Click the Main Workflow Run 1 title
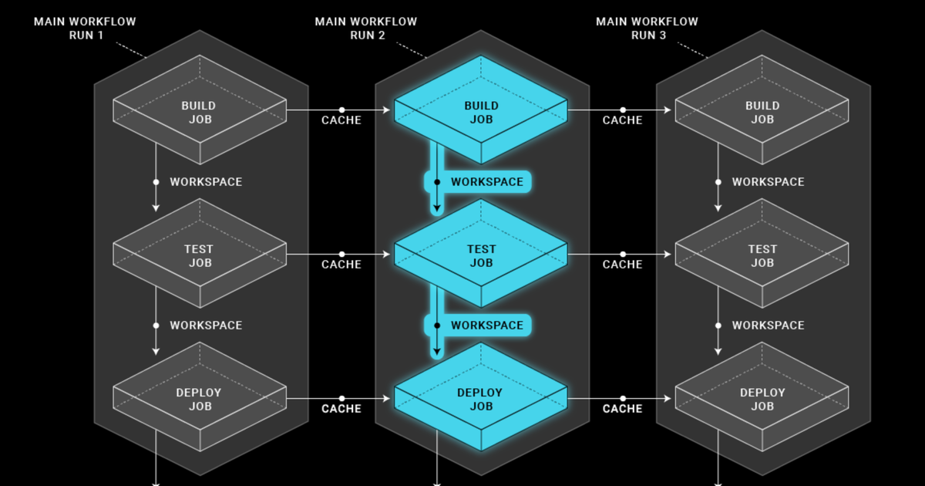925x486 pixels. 85,29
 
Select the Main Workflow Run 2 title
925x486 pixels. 366,29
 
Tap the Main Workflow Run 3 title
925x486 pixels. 647,29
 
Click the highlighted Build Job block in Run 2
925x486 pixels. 481,110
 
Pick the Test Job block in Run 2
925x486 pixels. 481,253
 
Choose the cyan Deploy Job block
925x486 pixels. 481,397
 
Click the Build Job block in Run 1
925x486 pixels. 200,110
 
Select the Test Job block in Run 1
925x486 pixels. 200,253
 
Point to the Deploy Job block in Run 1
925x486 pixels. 200,397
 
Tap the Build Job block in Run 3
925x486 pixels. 762,110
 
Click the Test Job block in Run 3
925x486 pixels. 762,253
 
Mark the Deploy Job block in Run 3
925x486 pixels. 762,397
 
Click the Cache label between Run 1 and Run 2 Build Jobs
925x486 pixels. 341,120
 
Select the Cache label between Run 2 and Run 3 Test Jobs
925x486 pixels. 622,265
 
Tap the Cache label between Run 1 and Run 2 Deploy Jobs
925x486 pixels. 341,409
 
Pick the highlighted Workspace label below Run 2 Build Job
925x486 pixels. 487,182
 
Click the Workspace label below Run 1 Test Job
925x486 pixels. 206,326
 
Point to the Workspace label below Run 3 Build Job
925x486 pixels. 768,182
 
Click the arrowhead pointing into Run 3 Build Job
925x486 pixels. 668,110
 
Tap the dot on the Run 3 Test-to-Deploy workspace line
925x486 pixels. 718,326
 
